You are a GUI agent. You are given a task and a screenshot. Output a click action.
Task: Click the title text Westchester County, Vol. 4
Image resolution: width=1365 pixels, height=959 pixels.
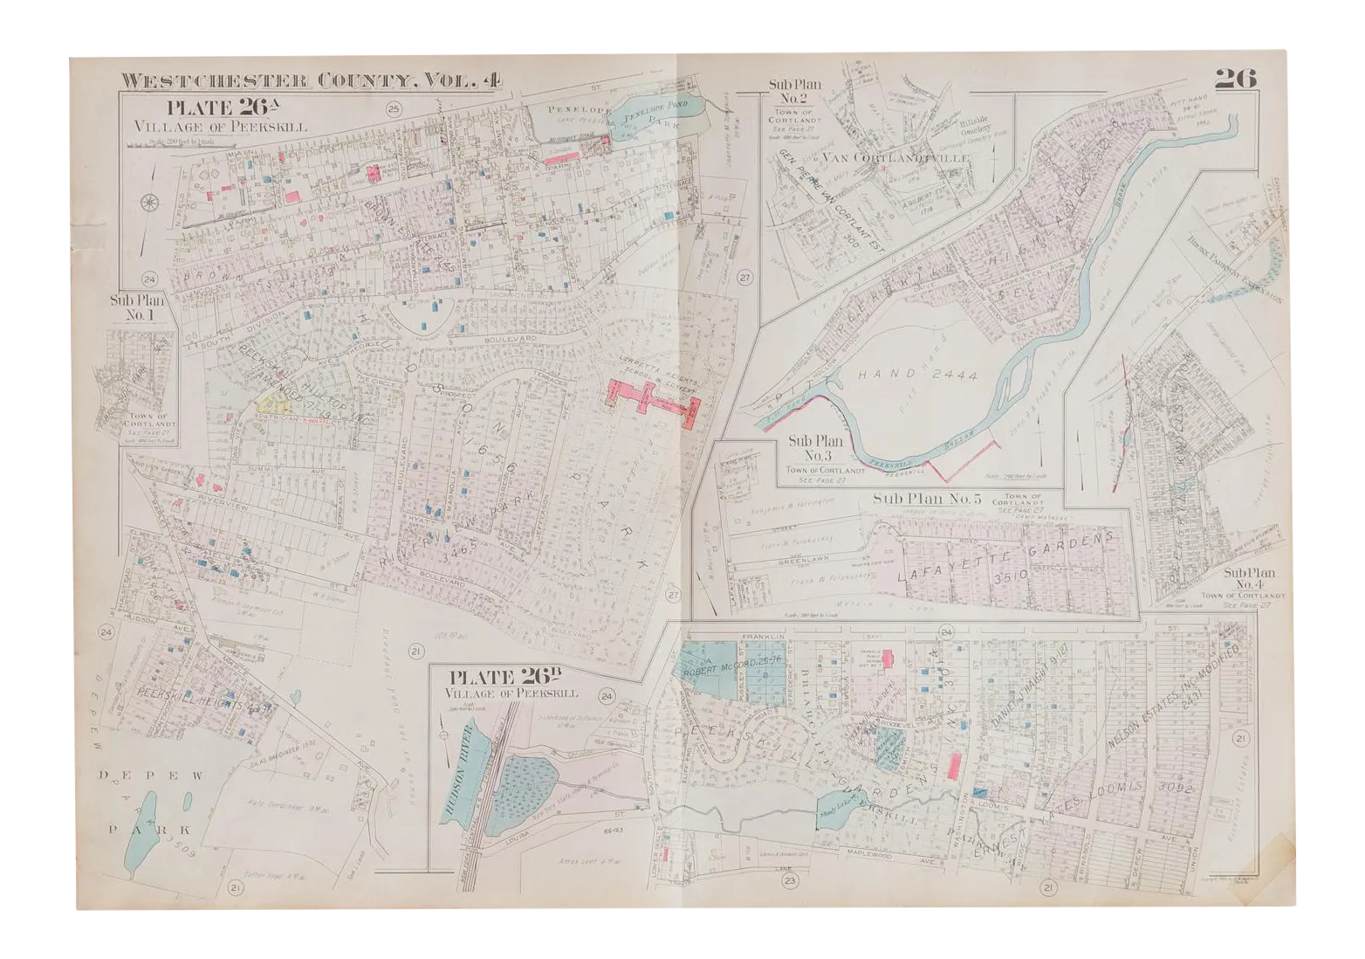click(x=311, y=81)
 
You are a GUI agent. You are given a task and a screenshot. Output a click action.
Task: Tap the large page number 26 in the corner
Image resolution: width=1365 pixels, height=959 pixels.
click(x=1234, y=79)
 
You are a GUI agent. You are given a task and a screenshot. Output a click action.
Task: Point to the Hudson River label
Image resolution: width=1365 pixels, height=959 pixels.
click(x=455, y=769)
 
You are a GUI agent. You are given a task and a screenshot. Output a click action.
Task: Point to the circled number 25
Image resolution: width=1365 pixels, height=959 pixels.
click(x=394, y=109)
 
